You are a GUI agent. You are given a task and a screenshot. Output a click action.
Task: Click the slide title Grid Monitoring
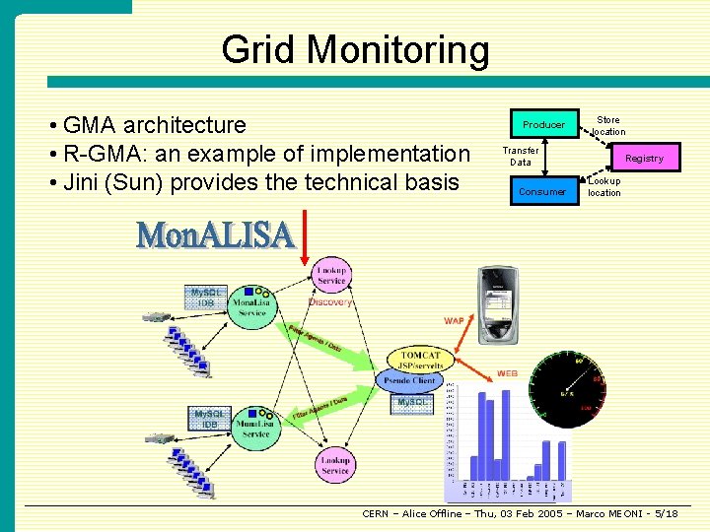click(x=355, y=50)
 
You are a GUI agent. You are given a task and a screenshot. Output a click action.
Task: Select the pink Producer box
click(x=543, y=124)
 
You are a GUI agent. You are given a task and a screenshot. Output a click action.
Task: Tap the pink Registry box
click(x=644, y=158)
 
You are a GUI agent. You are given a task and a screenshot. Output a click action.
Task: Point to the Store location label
click(x=608, y=126)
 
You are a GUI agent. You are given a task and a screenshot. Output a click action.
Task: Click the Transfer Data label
click(x=521, y=156)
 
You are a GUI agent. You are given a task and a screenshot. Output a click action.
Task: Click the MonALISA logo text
click(x=215, y=234)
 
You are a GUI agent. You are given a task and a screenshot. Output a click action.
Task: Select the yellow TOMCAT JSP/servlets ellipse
click(x=422, y=359)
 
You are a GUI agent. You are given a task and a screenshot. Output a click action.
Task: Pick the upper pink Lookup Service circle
click(x=332, y=275)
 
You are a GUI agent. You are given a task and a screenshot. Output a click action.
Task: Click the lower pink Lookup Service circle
click(x=335, y=465)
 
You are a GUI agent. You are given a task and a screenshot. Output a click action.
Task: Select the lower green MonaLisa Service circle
click(x=255, y=429)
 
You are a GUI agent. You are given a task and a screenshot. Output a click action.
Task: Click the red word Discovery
click(x=330, y=302)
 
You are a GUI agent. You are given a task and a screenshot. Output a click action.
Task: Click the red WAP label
click(x=454, y=320)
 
